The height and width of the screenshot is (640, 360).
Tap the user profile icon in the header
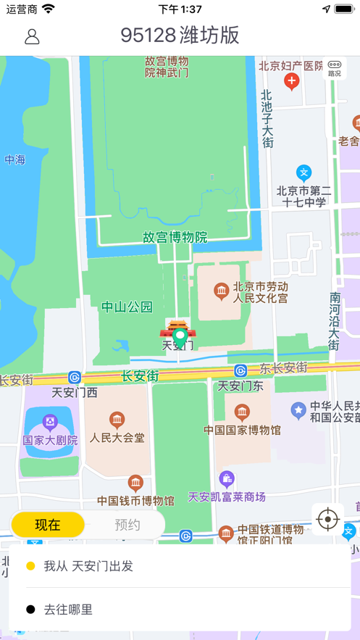point(32,36)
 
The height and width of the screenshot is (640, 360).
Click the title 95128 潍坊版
point(180,36)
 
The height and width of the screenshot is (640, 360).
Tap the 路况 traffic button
point(334,68)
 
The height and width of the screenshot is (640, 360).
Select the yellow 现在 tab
point(48,525)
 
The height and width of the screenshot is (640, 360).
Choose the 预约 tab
point(127,525)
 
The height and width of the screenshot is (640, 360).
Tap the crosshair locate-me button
point(328,519)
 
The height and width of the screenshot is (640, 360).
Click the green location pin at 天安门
point(180,337)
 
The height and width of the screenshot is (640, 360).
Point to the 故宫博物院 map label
point(175,237)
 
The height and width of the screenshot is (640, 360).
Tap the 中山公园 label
point(127,307)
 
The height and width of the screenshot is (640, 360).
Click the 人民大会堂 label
point(117,438)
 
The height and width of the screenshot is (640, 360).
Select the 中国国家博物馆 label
point(242,429)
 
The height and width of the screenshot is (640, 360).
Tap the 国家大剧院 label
point(49,439)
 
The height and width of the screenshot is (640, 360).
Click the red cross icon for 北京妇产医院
point(291,82)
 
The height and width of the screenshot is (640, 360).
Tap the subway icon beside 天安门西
point(75,377)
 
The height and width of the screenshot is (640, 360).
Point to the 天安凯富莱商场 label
point(227,496)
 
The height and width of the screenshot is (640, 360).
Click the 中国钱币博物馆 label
point(135,500)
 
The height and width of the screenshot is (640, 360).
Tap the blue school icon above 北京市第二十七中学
point(304,173)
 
